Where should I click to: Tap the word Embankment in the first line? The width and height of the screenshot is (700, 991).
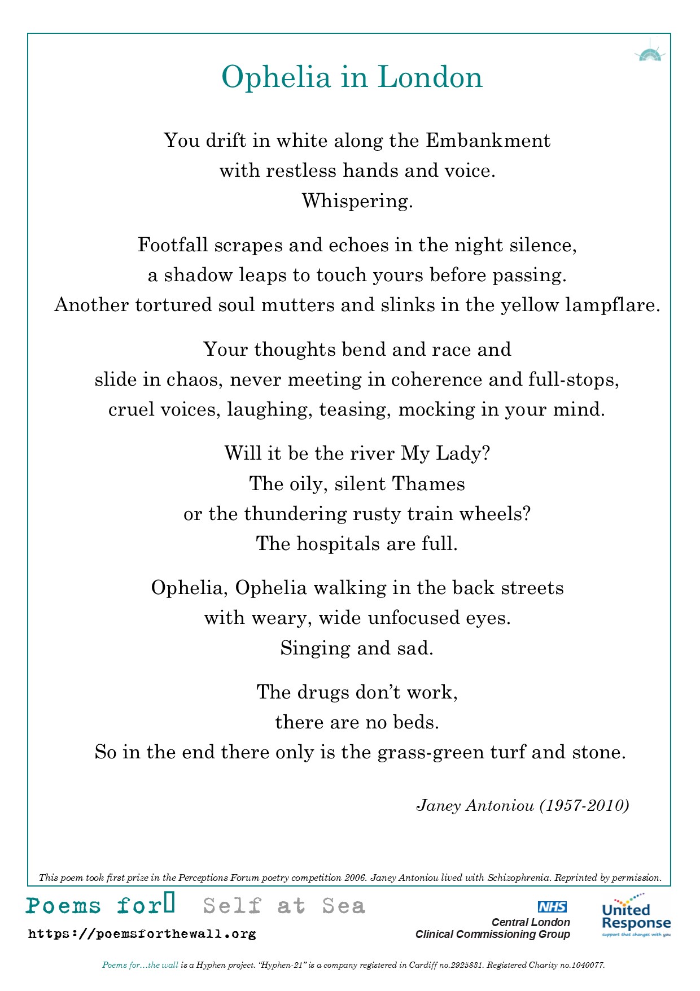click(488, 141)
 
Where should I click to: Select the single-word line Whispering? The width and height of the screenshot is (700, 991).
click(357, 201)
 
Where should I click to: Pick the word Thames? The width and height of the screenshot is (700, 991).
click(428, 484)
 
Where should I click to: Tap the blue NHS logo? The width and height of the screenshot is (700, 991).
click(552, 907)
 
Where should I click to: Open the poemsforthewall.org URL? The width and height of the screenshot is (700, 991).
click(142, 934)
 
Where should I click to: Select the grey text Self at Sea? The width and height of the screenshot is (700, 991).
click(285, 906)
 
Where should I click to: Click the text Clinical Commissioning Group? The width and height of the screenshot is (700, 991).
click(492, 935)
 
